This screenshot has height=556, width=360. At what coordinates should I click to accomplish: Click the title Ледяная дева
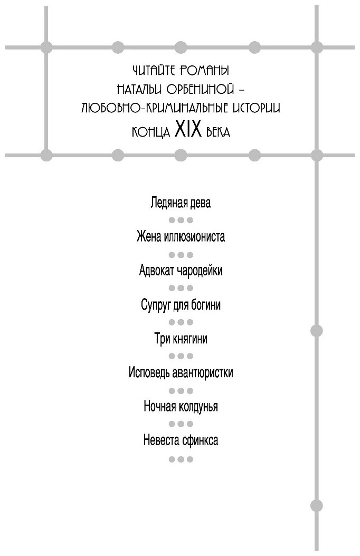181,204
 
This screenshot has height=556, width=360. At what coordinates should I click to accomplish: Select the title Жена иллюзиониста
181,236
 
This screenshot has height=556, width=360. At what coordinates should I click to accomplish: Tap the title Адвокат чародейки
181,271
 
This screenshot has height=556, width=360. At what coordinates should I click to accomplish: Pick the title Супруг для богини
181,305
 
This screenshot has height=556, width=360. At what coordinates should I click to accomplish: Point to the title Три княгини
181,339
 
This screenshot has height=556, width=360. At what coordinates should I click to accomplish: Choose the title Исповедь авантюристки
181,373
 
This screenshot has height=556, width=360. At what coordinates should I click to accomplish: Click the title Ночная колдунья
181,407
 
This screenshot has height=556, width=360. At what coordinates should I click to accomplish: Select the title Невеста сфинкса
181,440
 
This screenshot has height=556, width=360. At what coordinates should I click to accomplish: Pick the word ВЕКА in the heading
216,131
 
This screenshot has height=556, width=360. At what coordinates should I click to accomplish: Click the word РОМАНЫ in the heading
210,70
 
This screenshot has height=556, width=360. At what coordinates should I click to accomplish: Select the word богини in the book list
203,305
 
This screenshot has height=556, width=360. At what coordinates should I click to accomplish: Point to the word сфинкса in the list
199,440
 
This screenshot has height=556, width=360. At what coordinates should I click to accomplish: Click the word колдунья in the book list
197,407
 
